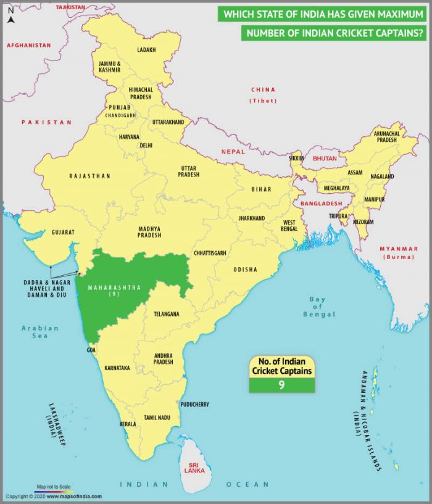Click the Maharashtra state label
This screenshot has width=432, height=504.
(x=114, y=287)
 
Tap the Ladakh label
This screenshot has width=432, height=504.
(x=146, y=49)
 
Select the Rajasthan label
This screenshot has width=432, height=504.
(x=89, y=176)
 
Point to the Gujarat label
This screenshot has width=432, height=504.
(x=63, y=233)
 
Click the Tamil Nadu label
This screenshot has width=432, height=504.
(x=157, y=418)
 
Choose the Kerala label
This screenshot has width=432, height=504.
(x=127, y=424)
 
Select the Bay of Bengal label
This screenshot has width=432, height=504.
(x=317, y=307)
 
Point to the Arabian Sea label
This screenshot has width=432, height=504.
(x=39, y=332)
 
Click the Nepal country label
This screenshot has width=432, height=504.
(x=233, y=151)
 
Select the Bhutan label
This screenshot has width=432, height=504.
(x=325, y=159)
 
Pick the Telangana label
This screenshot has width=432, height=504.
(x=166, y=314)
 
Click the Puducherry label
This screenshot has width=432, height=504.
(x=194, y=405)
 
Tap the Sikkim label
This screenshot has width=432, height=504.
(x=297, y=158)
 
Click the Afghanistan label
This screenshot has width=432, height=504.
(x=28, y=45)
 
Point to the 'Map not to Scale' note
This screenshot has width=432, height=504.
(x=54, y=487)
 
